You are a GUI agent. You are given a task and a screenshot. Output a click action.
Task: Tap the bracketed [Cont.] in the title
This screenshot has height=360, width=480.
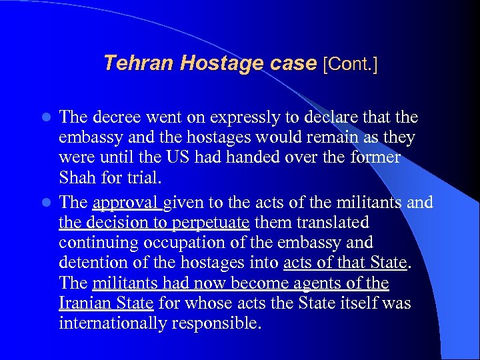[x=349, y=64]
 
